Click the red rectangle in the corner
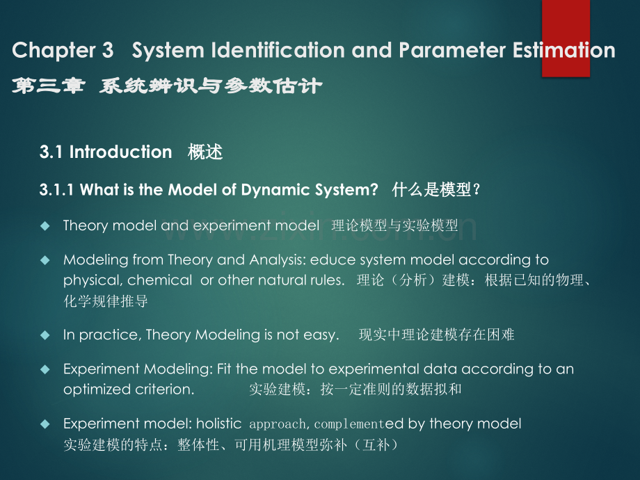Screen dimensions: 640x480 click(x=566, y=38)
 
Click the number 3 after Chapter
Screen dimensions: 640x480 click(x=107, y=50)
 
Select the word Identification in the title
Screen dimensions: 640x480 click(x=278, y=50)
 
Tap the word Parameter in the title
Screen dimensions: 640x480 click(x=452, y=50)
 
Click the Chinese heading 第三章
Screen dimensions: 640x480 click(x=49, y=86)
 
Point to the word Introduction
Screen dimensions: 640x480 click(x=120, y=152)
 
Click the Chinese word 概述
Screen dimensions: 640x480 click(x=205, y=152)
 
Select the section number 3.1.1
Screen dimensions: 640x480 click(x=56, y=190)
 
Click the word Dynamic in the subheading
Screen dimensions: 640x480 click(x=275, y=190)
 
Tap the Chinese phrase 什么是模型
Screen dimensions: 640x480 click(x=431, y=190)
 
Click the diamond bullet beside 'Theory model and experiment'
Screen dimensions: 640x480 click(x=45, y=225)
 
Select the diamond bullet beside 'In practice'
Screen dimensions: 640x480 click(x=45, y=335)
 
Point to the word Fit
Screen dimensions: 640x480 click(x=225, y=369)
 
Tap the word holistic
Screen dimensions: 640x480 click(x=218, y=424)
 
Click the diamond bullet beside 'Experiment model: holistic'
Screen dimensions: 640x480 click(x=45, y=424)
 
